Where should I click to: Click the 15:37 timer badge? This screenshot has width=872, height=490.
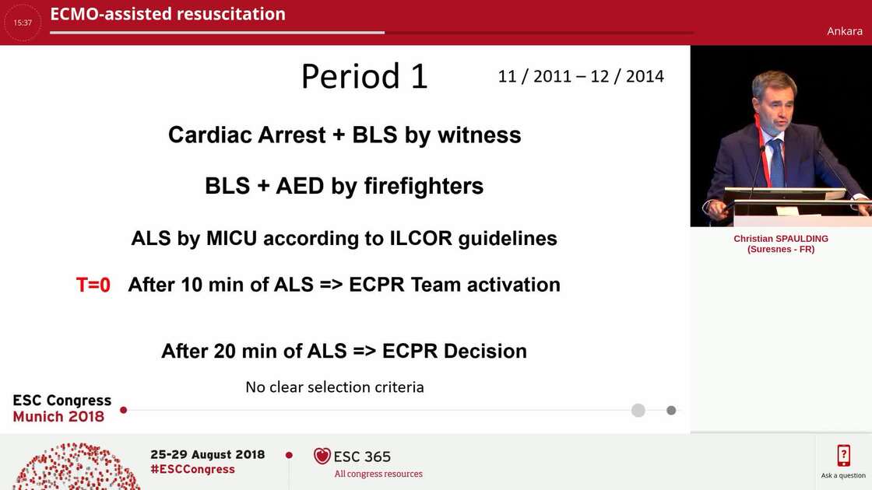pyautogui.click(x=23, y=23)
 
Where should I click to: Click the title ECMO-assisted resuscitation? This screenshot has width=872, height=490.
pyautogui.click(x=167, y=14)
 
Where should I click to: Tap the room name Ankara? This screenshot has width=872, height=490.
pyautogui.click(x=845, y=31)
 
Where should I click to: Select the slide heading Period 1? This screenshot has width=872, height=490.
pyautogui.click(x=364, y=76)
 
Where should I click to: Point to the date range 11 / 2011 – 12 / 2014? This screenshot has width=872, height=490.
pyautogui.click(x=581, y=76)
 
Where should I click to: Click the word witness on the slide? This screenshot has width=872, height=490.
pyautogui.click(x=479, y=135)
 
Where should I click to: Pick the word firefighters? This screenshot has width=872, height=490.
pyautogui.click(x=424, y=187)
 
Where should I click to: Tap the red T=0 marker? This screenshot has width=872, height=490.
pyautogui.click(x=93, y=285)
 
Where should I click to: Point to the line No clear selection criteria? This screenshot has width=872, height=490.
pyautogui.click(x=335, y=387)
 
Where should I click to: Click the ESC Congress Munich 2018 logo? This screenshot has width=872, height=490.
pyautogui.click(x=62, y=408)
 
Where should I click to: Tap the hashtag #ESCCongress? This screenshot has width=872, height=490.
pyautogui.click(x=192, y=469)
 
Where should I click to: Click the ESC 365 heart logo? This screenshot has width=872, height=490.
pyautogui.click(x=322, y=456)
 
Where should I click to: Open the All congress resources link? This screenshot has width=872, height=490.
pyautogui.click(x=378, y=474)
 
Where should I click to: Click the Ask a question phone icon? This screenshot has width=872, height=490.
pyautogui.click(x=843, y=455)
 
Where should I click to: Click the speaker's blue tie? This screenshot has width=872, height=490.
pyautogui.click(x=776, y=161)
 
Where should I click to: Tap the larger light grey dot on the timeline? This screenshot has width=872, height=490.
pyautogui.click(x=638, y=410)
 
